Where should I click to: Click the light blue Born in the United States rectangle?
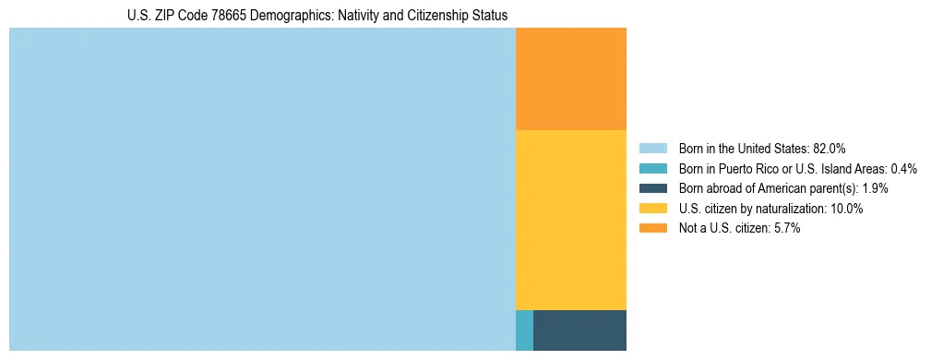262,189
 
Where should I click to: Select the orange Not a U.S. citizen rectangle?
571,79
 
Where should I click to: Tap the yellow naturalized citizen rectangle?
571,220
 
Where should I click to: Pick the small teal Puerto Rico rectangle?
524,330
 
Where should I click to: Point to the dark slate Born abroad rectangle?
579,330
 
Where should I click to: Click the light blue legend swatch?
652,149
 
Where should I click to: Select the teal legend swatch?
652,169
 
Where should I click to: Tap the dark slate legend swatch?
652,188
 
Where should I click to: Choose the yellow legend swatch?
652,209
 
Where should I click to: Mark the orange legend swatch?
652,228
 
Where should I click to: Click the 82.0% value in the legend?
830,149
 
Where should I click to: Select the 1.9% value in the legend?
876,188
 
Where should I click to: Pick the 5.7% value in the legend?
787,228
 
